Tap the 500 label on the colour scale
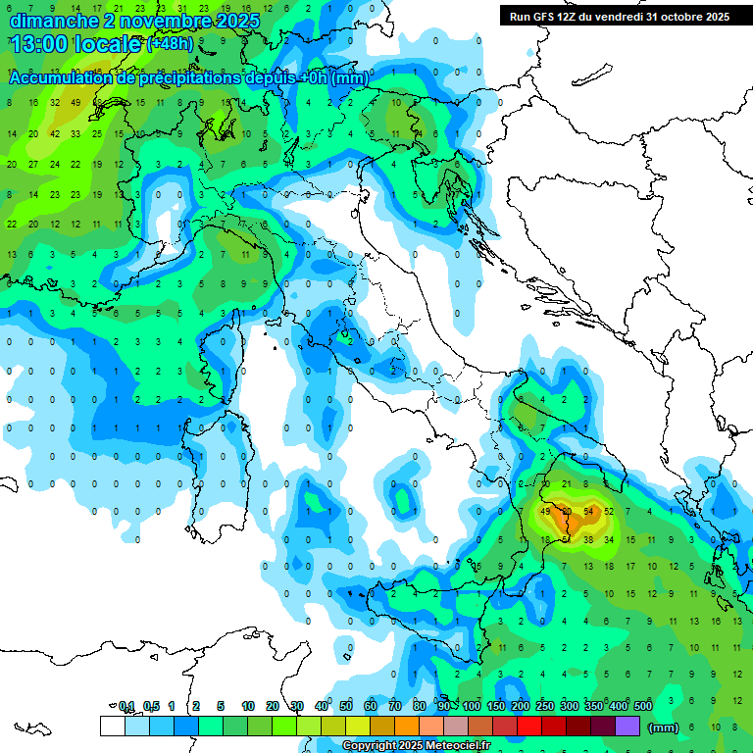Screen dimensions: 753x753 pos(643,706)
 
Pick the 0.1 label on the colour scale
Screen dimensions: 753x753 pos(126,706)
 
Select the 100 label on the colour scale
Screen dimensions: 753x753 pos(472,706)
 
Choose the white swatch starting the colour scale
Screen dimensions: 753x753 pos(112,726)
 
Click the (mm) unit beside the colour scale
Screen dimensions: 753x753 pos(664,728)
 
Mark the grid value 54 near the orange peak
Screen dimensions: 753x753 pos(589,512)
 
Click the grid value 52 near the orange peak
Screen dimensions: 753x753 pos(609,512)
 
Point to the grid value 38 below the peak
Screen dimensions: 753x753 pos(588,539)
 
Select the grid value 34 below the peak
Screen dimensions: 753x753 pos(609,539)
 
